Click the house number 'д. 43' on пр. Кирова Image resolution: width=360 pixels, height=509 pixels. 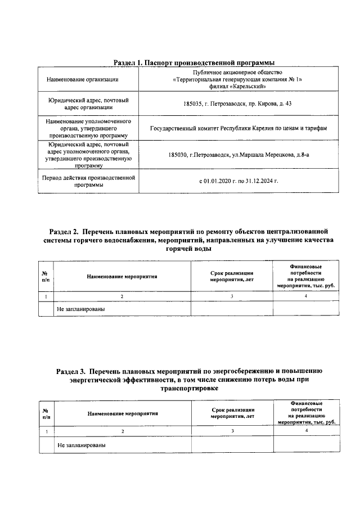[x=283, y=104]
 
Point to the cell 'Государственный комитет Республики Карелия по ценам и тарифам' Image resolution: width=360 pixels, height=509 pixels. [x=238, y=129]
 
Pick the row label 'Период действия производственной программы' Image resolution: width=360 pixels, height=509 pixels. [x=90, y=182]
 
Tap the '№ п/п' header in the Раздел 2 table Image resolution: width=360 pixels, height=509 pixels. [x=46, y=276]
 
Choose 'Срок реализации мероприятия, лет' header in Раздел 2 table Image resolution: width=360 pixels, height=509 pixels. [x=232, y=276]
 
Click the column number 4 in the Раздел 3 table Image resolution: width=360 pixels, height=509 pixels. [x=307, y=431]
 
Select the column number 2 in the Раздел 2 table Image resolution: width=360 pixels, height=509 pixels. [x=121, y=296]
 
